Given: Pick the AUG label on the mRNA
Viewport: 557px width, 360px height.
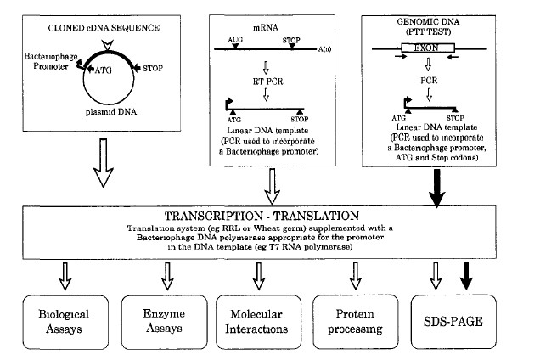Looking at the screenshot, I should click(x=235, y=39).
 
